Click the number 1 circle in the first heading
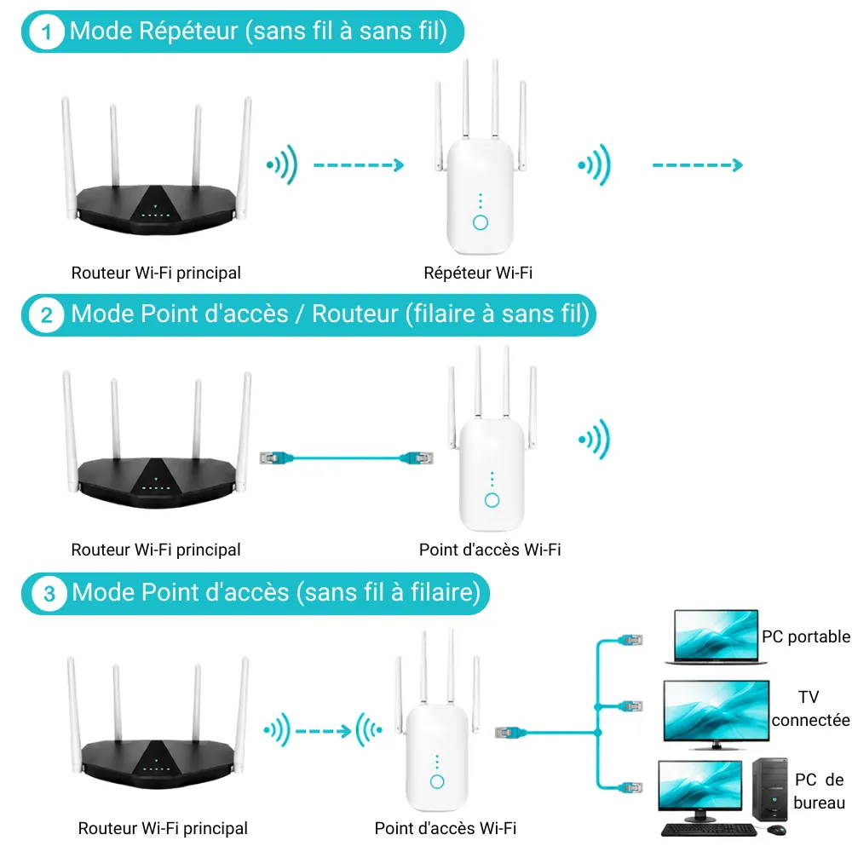pyautogui.click(x=46, y=32)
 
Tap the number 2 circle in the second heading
pyautogui.click(x=47, y=314)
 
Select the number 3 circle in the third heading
pyautogui.click(x=49, y=593)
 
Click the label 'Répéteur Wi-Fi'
pyautogui.click(x=478, y=273)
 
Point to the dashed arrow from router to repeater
pyautogui.click(x=359, y=164)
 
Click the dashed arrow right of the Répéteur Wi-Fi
pyautogui.click(x=698, y=164)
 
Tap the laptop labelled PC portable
pyautogui.click(x=716, y=636)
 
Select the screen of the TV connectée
pyautogui.click(x=717, y=710)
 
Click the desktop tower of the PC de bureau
pyautogui.click(x=770, y=790)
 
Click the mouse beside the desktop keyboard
pyautogui.click(x=777, y=829)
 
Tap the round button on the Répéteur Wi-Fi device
pyautogui.click(x=481, y=222)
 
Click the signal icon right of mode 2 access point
pyautogui.click(x=595, y=439)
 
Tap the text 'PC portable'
pyautogui.click(x=806, y=636)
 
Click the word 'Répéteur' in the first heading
pyautogui.click(x=188, y=32)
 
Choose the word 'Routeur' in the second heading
pyautogui.click(x=354, y=314)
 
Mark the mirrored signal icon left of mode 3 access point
pyautogui.click(x=370, y=730)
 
